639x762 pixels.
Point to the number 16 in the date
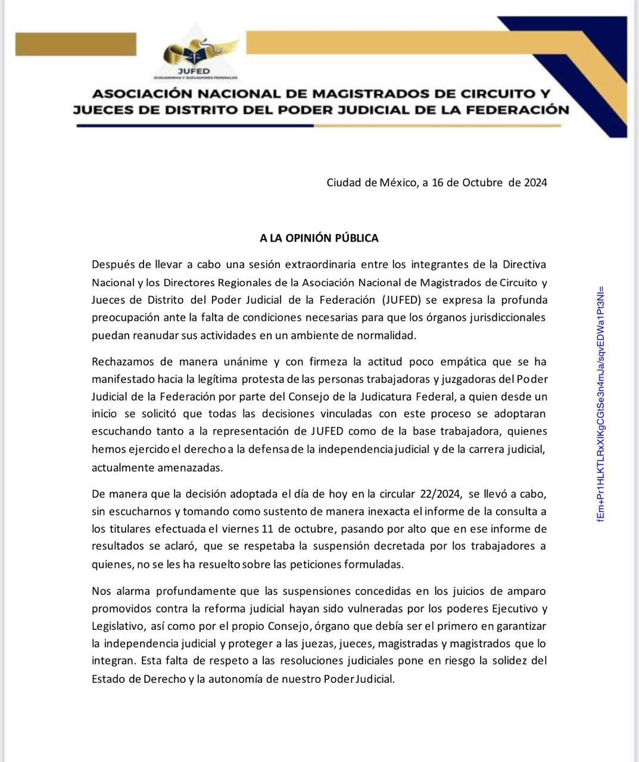(438, 182)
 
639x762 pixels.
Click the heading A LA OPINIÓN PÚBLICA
(319, 238)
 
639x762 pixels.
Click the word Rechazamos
(121, 362)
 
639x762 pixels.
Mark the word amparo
(525, 591)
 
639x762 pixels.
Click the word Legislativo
(118, 626)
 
